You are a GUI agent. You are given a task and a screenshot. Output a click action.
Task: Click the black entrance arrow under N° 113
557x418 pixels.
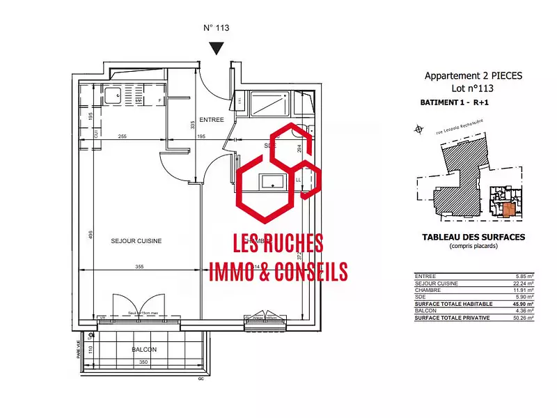(217, 48)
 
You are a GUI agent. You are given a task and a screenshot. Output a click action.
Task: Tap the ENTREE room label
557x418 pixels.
(211, 119)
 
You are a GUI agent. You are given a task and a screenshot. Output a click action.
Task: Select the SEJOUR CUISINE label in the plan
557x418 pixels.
(136, 241)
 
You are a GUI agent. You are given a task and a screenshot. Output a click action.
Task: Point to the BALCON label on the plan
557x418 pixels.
(144, 349)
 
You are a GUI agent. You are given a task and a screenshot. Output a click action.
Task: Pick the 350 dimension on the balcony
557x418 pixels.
(143, 362)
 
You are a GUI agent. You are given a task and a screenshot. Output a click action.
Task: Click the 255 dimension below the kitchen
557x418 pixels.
(122, 137)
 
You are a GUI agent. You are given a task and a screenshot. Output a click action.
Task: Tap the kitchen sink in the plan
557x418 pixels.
(112, 95)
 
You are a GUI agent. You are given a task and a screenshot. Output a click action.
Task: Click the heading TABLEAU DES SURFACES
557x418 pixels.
(473, 237)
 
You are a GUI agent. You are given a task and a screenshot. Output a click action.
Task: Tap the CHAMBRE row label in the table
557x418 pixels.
(427, 291)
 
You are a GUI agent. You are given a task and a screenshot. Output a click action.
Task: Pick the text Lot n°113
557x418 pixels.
(473, 88)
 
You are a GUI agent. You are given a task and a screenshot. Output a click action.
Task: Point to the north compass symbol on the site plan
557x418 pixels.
(418, 128)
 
